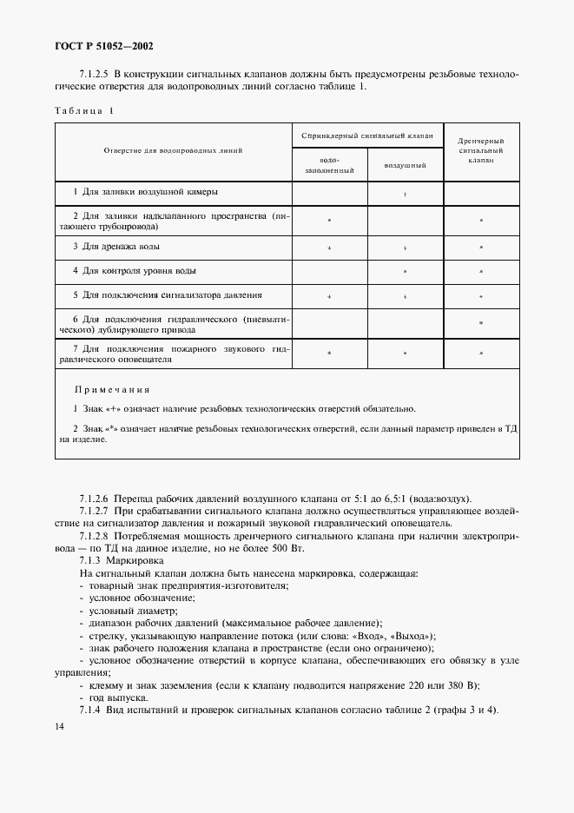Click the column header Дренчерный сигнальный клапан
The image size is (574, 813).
click(x=480, y=150)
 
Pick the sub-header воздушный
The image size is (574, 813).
click(x=405, y=165)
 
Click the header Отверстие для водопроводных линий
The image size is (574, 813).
click(x=174, y=150)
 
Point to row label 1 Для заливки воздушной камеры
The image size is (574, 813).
click(x=145, y=191)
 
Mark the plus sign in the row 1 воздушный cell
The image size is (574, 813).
click(x=406, y=194)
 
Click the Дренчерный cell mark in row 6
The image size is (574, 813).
click(x=480, y=323)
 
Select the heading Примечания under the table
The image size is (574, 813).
click(x=112, y=390)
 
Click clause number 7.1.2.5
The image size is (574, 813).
click(x=95, y=74)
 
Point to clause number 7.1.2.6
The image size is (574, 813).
click(x=95, y=499)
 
